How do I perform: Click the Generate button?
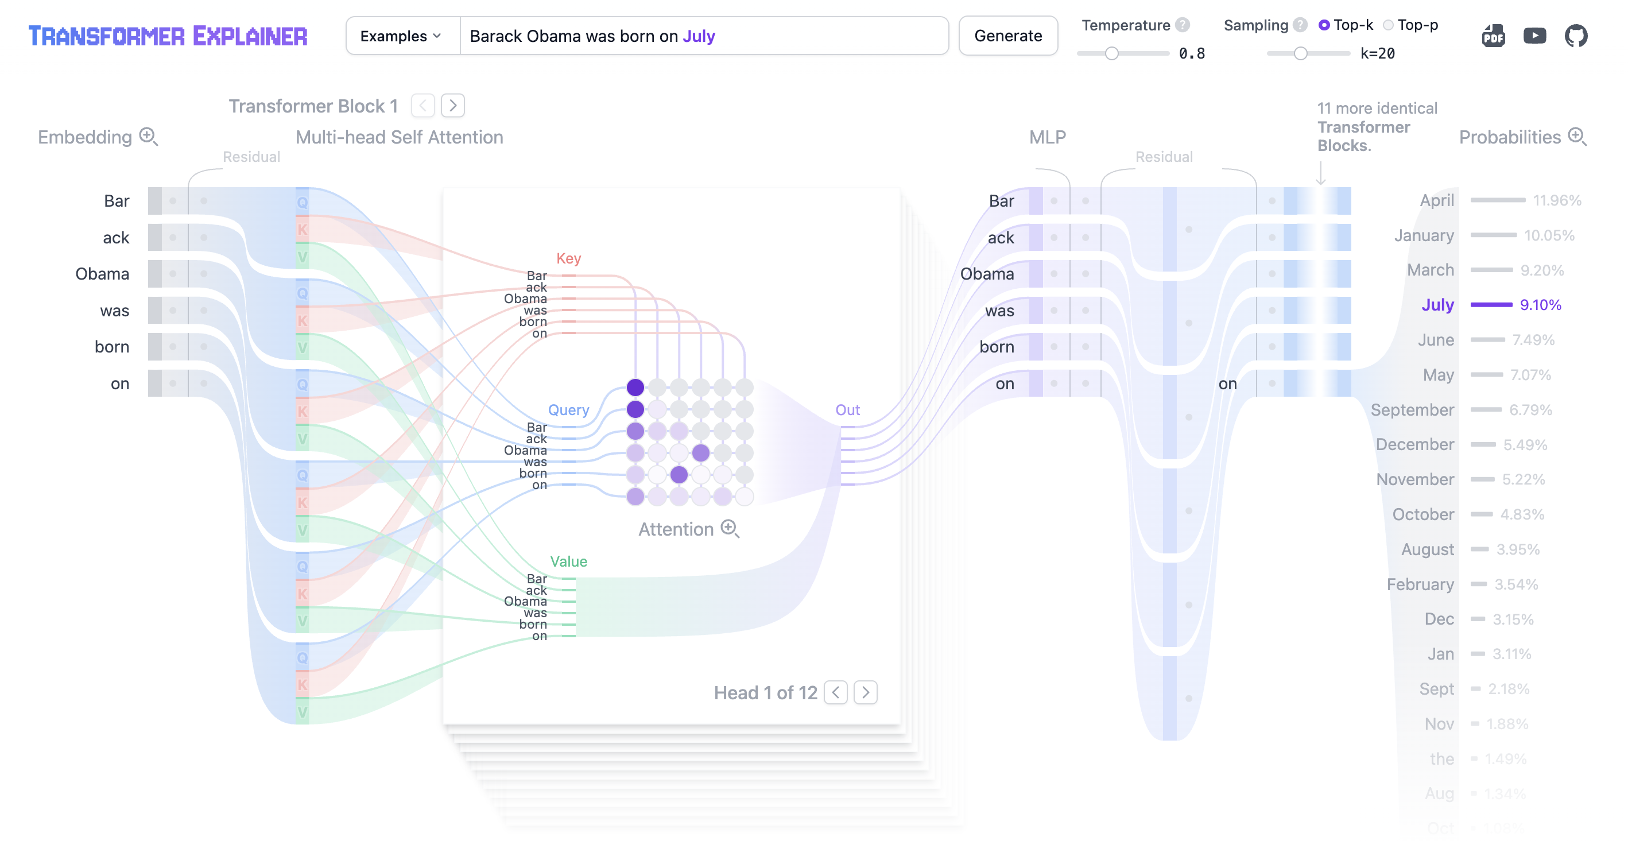click(1007, 36)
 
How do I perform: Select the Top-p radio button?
click(1388, 25)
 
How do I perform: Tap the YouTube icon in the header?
click(1534, 36)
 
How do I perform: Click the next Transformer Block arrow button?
click(452, 106)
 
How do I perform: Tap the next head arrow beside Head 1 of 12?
click(865, 692)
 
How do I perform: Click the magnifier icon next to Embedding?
click(149, 137)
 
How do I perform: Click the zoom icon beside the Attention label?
click(730, 529)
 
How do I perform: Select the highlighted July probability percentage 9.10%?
click(1540, 305)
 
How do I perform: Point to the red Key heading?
click(568, 258)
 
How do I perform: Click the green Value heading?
click(568, 561)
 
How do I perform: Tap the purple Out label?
click(847, 410)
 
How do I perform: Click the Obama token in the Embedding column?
click(102, 274)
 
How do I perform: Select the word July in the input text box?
click(699, 36)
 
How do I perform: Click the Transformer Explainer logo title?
click(168, 36)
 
